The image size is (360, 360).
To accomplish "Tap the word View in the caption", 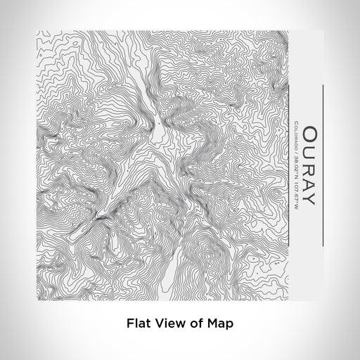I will click(x=166, y=324).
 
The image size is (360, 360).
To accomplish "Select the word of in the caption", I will click(x=193, y=324).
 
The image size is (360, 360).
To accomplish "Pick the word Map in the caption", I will click(x=218, y=324).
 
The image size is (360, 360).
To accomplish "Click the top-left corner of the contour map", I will click(x=34, y=30).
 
